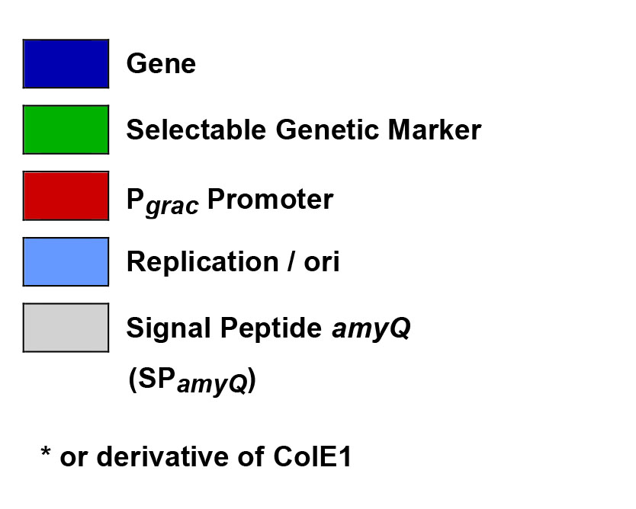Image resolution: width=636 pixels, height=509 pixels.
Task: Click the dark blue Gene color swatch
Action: [x=66, y=64]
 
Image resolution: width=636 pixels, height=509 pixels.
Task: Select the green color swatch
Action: [x=66, y=130]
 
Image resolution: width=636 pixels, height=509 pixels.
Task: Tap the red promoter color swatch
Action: [x=66, y=196]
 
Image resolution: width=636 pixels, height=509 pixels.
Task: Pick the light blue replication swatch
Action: [x=66, y=262]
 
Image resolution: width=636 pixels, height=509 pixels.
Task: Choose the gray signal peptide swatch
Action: [x=66, y=328]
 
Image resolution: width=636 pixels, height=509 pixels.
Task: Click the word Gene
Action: [x=161, y=64]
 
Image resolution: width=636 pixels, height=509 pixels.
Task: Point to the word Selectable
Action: [x=196, y=130]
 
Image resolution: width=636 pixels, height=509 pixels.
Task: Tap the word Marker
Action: [x=435, y=130]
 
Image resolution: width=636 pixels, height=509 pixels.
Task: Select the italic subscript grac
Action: [x=172, y=206]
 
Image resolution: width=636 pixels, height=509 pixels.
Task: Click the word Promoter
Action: [x=270, y=199]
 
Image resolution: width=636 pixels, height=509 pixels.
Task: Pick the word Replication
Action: [x=202, y=262]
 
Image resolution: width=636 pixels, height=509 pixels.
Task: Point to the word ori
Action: [x=322, y=262]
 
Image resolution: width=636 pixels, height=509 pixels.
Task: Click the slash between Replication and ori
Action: [x=291, y=262]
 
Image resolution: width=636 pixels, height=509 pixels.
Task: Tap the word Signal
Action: [x=169, y=328]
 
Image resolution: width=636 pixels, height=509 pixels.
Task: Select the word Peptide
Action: [x=271, y=328]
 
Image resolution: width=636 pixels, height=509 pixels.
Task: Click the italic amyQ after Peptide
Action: [x=371, y=328]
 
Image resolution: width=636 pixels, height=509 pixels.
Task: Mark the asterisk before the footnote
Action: [x=46, y=451]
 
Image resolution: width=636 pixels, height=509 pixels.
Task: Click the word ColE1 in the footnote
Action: [x=313, y=456]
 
